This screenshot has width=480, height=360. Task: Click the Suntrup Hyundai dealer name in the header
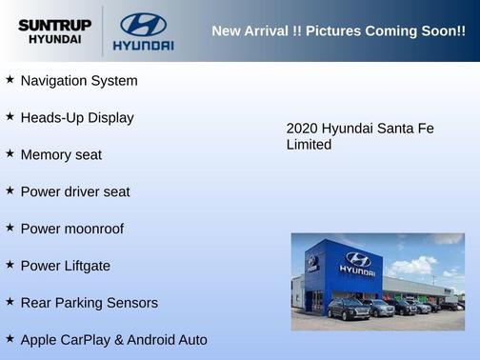[54, 31]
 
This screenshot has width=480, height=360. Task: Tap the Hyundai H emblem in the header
[143, 24]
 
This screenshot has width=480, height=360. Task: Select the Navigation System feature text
[79, 81]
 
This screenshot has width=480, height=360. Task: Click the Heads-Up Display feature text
[77, 118]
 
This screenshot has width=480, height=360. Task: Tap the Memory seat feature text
[61, 154]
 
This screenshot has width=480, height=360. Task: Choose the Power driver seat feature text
[75, 191]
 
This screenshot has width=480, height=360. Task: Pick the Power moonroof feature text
[72, 229]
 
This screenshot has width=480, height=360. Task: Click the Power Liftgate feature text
[66, 266]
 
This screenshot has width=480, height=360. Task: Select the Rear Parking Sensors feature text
[90, 303]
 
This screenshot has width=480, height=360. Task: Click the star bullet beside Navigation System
[10, 80]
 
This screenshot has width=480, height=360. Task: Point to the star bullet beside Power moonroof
[10, 228]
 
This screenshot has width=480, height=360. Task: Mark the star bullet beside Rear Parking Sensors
[10, 302]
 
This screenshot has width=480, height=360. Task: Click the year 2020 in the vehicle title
[302, 129]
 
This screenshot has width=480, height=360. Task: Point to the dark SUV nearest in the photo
[349, 310]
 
